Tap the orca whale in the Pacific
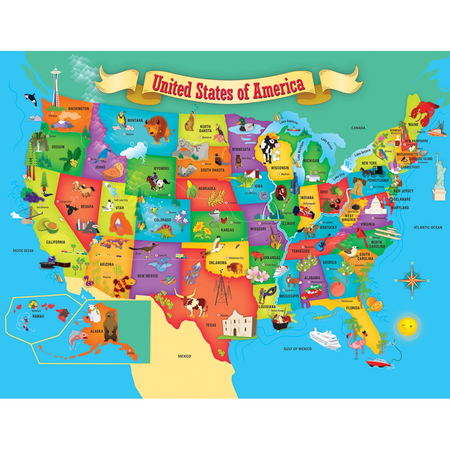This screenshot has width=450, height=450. coord(30,99)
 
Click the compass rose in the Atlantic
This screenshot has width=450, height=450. coord(412,280)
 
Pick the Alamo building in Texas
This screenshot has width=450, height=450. coord(236,324)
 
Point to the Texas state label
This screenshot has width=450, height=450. coord(211,325)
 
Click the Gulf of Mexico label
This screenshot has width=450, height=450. coord(297,349)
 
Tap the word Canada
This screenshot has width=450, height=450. coord(358,128)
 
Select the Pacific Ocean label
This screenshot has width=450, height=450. coord(23,250)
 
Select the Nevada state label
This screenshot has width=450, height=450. coord(87,207)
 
